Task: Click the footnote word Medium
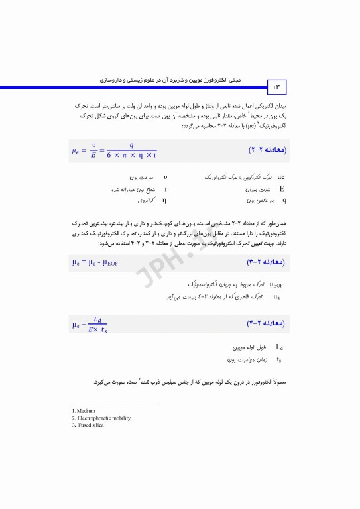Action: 86,411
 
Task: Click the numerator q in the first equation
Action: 131,145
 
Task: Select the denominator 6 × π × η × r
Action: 131,156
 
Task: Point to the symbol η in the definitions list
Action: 164,199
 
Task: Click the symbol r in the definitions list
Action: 165,189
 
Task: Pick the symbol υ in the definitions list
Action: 165,178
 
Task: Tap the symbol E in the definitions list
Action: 282,189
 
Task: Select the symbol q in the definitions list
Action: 284,199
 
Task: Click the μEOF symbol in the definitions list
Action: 278,284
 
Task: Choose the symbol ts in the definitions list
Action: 279,359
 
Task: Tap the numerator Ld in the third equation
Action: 97,319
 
